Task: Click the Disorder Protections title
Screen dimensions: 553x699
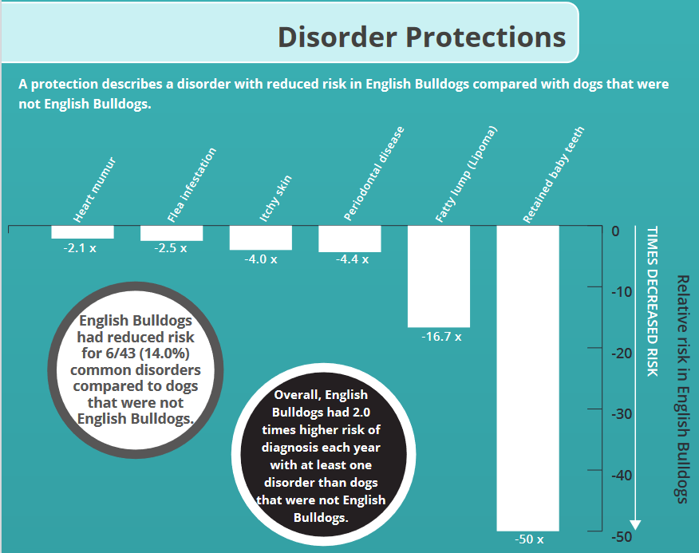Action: coord(421,38)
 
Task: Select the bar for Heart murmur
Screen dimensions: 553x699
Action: coord(82,232)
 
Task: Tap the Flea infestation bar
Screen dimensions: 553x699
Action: coord(171,233)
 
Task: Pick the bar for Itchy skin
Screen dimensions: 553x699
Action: coord(260,238)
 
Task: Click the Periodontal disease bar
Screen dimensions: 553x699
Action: coord(349,239)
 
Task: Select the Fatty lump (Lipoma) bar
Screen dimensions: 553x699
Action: coord(438,276)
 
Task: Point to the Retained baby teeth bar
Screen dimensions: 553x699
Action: coord(527,378)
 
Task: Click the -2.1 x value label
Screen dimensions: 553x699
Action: coord(80,248)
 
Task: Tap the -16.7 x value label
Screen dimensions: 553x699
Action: coord(442,337)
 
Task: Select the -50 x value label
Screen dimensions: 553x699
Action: coord(527,540)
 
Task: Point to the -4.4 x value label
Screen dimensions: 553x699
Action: coord(352,260)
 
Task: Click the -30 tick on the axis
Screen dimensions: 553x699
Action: coord(622,414)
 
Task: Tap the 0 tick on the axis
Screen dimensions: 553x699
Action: coord(615,231)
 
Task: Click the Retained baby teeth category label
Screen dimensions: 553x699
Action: coord(554,176)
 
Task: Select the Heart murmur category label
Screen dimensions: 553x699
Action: coord(95,192)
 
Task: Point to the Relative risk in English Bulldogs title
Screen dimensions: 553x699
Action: coord(681,389)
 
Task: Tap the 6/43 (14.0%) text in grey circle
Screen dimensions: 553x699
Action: coord(135,354)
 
